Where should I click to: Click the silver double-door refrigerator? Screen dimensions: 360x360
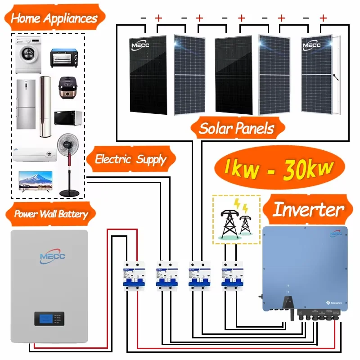(26, 104)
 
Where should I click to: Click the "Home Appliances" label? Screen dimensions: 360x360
(54, 18)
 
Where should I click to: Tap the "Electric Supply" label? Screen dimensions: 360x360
(130, 159)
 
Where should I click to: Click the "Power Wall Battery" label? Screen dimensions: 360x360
(51, 213)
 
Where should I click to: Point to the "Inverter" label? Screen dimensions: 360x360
(308, 210)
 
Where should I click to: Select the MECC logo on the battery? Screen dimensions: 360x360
(53, 256)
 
